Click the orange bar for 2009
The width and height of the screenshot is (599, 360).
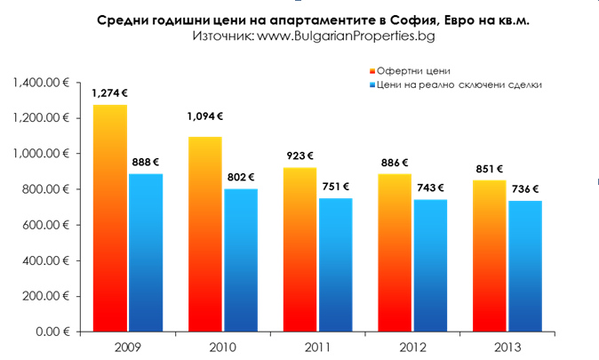pos(110,218)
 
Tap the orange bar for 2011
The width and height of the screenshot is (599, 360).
pos(300,249)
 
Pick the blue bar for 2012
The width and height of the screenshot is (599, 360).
pos(431,265)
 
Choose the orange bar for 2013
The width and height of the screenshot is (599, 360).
pos(490,256)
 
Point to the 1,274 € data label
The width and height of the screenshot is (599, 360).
pos(109,92)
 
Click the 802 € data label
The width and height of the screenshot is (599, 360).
pos(240,177)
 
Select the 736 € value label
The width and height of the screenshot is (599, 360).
pos(525,189)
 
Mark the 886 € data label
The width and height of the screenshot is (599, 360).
pos(395,163)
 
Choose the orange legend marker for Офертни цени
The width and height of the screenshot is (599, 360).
pos(371,70)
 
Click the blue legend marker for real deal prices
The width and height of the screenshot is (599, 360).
pos(371,84)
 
